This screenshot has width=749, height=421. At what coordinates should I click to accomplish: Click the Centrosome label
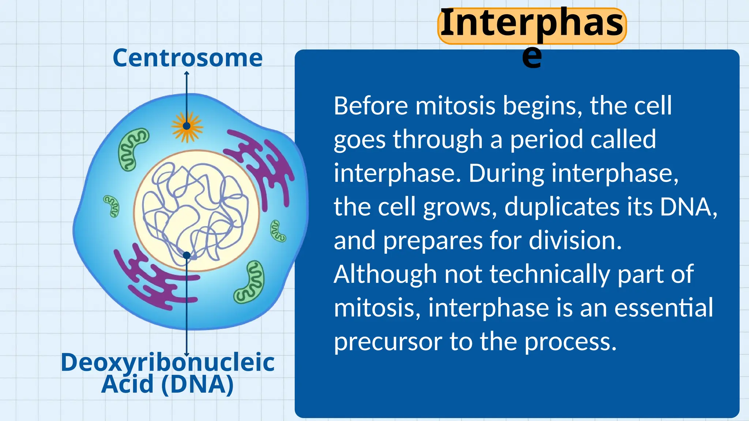(x=188, y=58)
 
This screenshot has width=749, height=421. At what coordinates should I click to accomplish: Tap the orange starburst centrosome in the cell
(x=187, y=126)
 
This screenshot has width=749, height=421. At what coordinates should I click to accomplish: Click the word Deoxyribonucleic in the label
(x=168, y=363)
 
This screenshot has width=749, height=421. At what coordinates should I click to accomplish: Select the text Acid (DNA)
(x=168, y=384)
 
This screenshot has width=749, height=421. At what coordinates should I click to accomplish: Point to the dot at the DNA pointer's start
(x=187, y=255)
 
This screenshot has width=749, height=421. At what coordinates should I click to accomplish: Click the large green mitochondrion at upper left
(x=133, y=149)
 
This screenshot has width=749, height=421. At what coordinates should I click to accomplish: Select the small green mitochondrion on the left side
(x=112, y=206)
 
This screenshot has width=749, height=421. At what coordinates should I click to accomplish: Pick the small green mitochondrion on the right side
(x=278, y=231)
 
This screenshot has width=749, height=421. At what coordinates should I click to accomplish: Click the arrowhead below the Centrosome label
(x=187, y=73)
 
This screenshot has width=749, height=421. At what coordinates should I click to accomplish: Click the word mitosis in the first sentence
(x=455, y=106)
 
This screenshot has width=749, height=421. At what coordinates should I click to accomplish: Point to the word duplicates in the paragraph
(x=562, y=207)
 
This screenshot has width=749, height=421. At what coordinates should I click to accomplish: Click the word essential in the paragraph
(x=663, y=308)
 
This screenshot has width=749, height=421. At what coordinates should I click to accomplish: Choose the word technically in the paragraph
(x=550, y=274)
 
